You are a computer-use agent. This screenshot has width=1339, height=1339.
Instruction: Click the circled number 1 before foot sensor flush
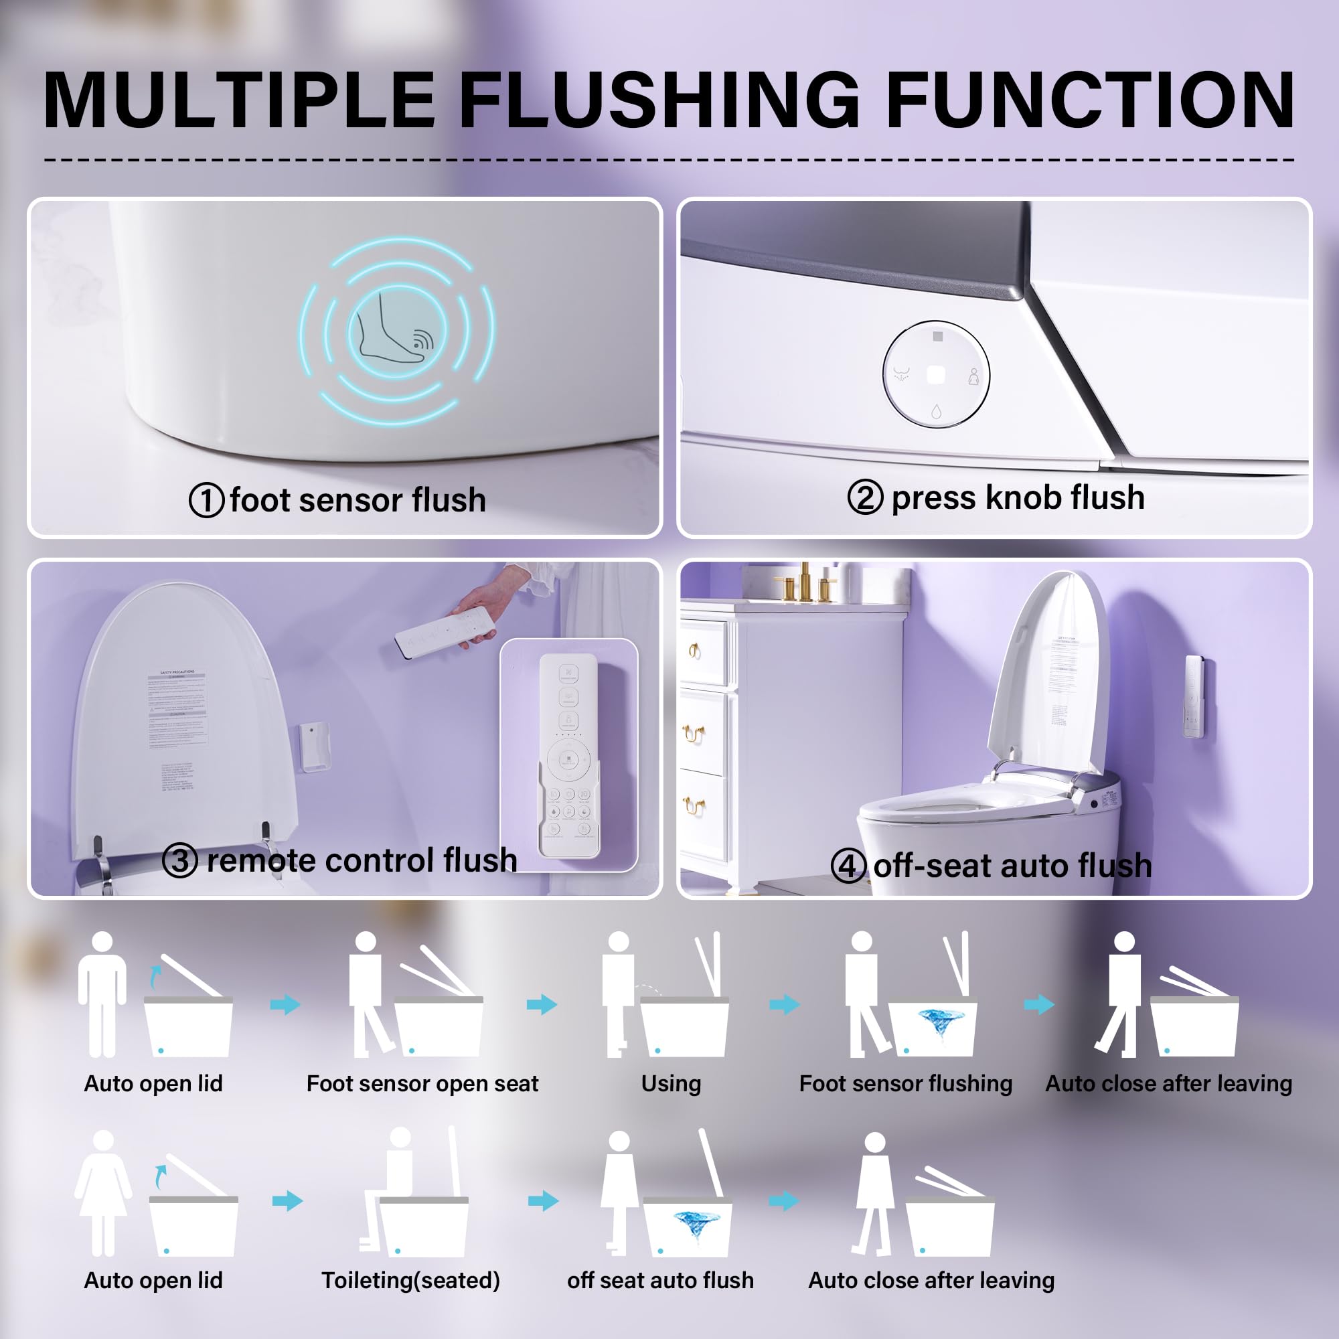click(x=206, y=500)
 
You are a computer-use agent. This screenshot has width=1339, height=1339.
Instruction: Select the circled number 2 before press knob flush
click(x=865, y=497)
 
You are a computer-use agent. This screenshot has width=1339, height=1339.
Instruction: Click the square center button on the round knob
click(x=936, y=374)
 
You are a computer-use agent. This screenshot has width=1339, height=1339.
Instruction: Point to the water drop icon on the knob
click(x=937, y=412)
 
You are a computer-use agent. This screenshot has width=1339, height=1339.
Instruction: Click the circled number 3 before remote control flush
click(x=179, y=861)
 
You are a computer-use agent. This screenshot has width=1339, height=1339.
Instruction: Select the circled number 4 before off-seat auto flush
click(x=848, y=866)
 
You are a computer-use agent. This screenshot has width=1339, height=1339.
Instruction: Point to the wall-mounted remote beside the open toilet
click(x=1194, y=696)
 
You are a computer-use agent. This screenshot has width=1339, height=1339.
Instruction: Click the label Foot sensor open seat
click(x=422, y=1083)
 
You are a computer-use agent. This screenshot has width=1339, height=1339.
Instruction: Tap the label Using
click(x=670, y=1083)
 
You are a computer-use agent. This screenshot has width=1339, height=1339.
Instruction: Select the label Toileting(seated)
click(x=410, y=1280)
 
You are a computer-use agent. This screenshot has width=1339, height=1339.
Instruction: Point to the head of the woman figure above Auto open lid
click(x=103, y=1141)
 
